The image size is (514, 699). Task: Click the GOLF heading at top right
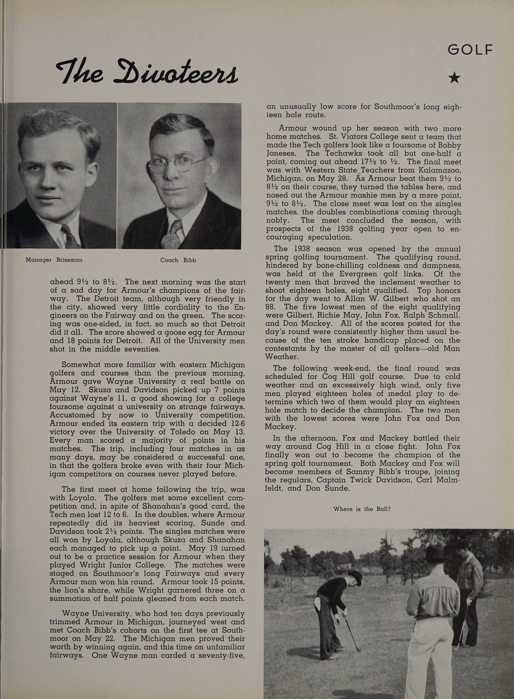(470, 49)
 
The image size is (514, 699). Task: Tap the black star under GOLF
(454, 78)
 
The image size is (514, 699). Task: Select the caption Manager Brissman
(54, 260)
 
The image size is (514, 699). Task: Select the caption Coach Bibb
(178, 260)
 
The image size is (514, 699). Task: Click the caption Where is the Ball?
(362, 509)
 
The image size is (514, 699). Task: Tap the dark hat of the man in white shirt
(436, 554)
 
